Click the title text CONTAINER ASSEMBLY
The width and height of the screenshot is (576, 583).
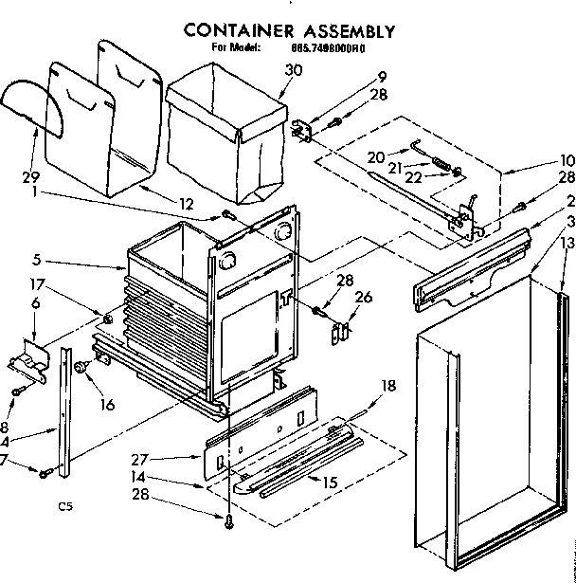tap(290, 29)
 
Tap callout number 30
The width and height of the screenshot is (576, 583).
tap(293, 68)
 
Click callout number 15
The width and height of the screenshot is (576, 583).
tap(331, 483)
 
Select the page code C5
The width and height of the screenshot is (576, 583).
tap(63, 506)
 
